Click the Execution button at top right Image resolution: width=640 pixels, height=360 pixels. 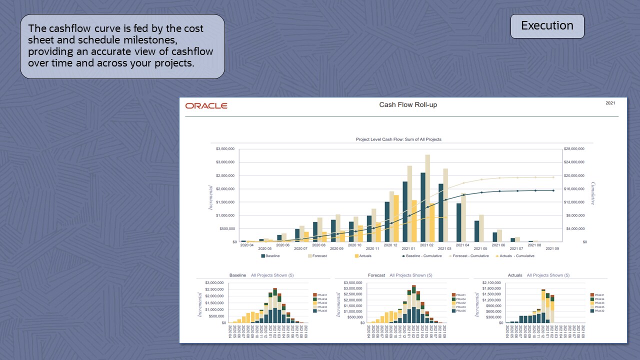coord(547,26)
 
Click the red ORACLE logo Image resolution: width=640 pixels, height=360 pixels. coord(206,106)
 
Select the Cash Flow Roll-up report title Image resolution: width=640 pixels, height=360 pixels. coord(408,105)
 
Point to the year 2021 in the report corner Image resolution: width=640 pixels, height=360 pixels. coord(610,103)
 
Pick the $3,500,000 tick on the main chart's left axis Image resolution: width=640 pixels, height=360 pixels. coord(226,149)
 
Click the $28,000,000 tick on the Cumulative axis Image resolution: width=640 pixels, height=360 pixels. coord(574,149)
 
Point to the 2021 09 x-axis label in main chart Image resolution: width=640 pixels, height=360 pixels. coord(552,248)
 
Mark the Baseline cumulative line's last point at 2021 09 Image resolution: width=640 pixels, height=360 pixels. coord(553,190)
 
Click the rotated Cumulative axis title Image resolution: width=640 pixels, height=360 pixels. coord(593,193)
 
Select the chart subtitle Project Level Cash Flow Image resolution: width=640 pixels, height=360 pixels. coord(398,139)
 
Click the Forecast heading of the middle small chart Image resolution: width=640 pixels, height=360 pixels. coord(376,275)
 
